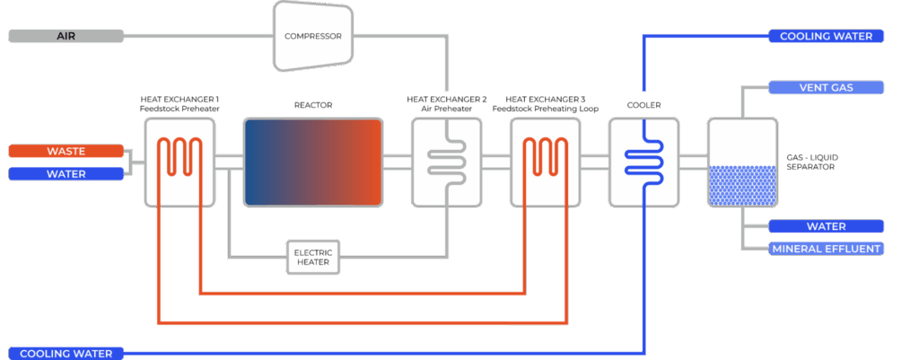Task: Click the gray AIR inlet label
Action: pos(65,36)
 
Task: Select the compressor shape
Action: pos(312,36)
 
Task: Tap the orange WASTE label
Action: pos(65,151)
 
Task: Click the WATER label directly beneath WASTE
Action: pos(65,173)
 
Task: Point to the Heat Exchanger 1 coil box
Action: pos(179,162)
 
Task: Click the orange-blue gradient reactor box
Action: pos(313,162)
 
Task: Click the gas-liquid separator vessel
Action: pos(741,162)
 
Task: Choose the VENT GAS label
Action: pos(827,88)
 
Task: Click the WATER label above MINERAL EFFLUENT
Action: pos(827,226)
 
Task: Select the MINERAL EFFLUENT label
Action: pos(827,248)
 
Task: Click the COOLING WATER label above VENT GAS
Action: pos(827,36)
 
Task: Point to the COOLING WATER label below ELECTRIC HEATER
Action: pos(65,353)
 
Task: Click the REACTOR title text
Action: pos(313,105)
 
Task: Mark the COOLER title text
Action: pos(643,105)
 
